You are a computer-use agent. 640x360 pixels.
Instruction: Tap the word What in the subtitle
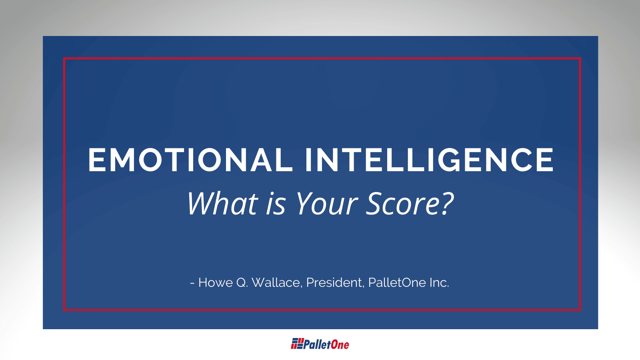point(223,203)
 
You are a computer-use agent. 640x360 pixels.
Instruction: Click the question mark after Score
point(446,203)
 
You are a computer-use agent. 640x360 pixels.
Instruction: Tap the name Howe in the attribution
point(216,282)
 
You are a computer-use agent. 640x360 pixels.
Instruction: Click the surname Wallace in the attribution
point(277,282)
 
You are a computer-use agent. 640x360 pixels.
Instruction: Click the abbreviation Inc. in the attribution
point(440,282)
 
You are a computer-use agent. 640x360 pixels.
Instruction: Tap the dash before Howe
point(192,284)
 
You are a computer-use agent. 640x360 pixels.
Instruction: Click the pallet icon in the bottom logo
point(297,344)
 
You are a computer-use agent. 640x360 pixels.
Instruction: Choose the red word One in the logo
point(340,344)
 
